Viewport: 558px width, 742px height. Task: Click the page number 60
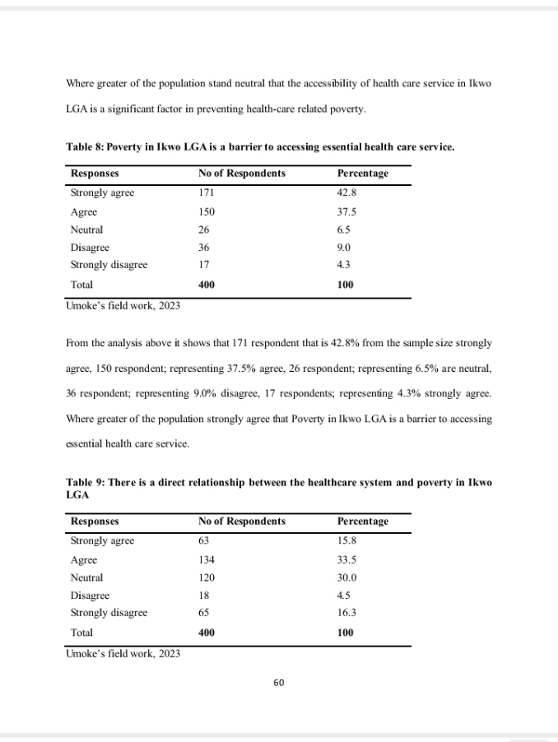click(278, 682)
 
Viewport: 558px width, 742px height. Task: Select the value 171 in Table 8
click(206, 192)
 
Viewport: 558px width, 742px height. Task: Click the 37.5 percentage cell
click(346, 211)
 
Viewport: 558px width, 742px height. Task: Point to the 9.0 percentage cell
click(344, 247)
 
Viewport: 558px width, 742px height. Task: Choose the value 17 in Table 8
click(203, 265)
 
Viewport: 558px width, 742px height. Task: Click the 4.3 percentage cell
click(344, 265)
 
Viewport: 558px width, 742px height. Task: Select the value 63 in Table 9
click(203, 540)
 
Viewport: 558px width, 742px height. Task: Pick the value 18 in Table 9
click(203, 595)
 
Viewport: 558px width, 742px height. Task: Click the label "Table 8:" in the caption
click(85, 147)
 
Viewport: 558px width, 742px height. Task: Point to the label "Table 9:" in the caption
click(85, 483)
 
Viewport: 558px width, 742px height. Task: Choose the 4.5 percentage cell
click(344, 595)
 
